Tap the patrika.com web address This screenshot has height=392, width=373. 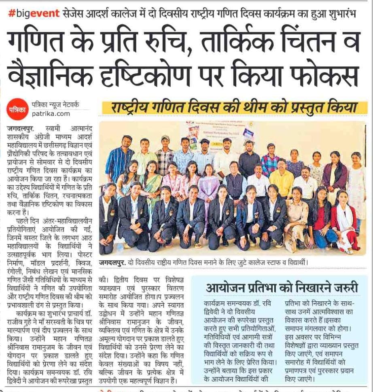pos(51,114)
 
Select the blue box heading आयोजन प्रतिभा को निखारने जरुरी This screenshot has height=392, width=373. pos(282,288)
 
